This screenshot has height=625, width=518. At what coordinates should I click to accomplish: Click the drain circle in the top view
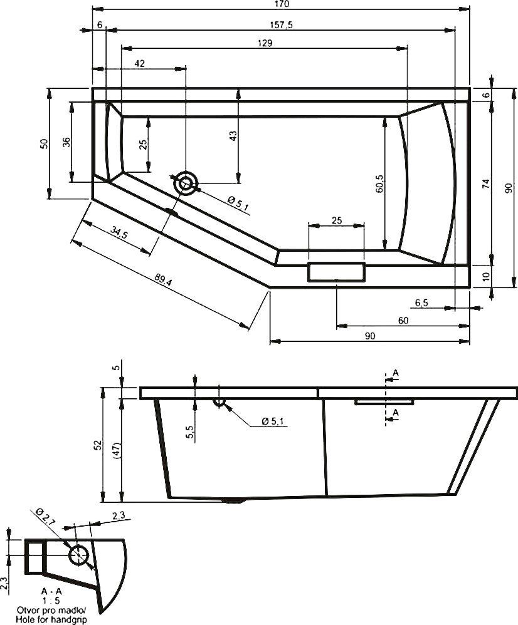(x=186, y=183)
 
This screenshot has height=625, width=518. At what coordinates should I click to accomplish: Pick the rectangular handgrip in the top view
(x=336, y=272)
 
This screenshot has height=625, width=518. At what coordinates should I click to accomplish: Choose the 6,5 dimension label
(x=421, y=303)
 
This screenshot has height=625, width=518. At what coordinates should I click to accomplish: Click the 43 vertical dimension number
(x=233, y=136)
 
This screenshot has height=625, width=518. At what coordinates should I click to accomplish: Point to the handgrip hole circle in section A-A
(x=78, y=554)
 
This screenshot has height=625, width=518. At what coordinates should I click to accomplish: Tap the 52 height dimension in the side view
(x=97, y=445)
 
